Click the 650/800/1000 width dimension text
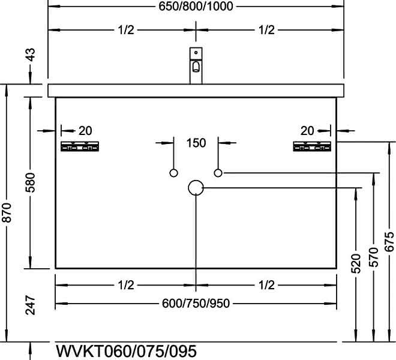[196, 6]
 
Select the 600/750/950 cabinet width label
[196, 303]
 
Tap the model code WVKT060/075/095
[126, 351]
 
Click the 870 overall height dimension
[7, 212]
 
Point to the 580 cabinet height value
[31, 182]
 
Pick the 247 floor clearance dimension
[31, 305]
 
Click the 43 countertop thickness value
[31, 55]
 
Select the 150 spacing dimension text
[196, 143]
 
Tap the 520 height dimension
[356, 264]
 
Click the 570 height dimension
[374, 257]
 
